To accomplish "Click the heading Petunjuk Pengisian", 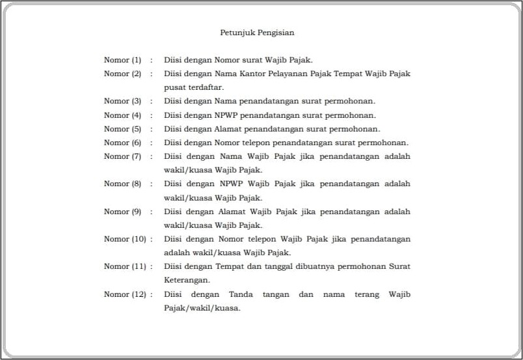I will tap(258, 32).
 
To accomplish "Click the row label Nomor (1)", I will tap(122, 60).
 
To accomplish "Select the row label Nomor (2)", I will tap(122, 74).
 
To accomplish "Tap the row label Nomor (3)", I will tap(122, 101).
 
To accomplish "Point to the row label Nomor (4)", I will tap(122, 115).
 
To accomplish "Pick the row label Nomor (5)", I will tap(122, 129).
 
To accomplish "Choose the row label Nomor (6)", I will tap(122, 143).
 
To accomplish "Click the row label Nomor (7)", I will tap(122, 156).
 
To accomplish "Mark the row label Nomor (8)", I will tap(122, 184).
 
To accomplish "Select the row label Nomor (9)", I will tap(122, 212).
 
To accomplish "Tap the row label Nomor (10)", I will tap(125, 239).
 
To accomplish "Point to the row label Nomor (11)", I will tap(125, 266).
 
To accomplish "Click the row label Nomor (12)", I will tap(125, 294).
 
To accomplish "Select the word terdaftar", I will tap(206, 87).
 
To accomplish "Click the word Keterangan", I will tap(187, 280).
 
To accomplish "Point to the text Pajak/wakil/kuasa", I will tap(202, 308).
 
